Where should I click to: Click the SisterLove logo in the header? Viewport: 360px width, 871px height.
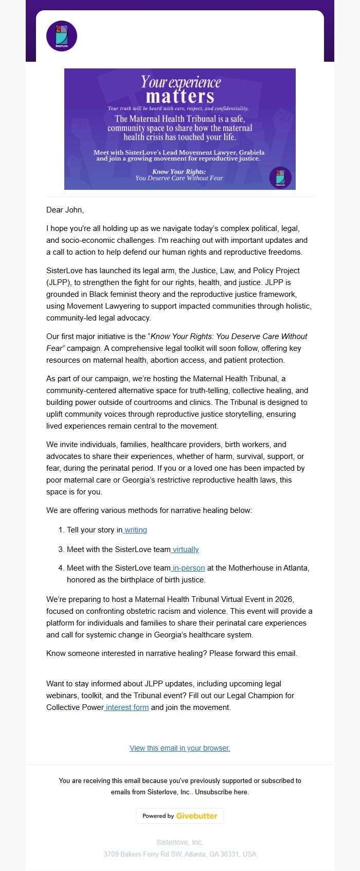pos(62,36)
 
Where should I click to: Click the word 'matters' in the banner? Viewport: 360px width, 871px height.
pos(179,97)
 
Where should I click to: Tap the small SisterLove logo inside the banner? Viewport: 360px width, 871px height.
pos(280,177)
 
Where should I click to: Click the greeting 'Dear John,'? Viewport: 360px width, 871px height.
pos(65,210)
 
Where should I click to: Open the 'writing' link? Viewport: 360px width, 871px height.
pos(136,530)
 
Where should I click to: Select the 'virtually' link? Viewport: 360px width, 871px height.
pos(186,549)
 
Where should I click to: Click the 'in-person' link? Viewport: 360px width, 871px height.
pos(188,568)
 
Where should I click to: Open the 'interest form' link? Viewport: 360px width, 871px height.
pos(127,707)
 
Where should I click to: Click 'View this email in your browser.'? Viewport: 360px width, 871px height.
pos(180,748)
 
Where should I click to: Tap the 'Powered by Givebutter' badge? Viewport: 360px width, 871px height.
pos(180,816)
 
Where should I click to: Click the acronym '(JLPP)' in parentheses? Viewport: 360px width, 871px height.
pos(58,282)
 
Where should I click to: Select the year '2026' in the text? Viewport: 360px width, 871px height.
pos(283,599)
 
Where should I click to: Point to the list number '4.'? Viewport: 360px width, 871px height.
pos(61,568)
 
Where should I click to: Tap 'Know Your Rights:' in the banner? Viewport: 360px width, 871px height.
pos(179,172)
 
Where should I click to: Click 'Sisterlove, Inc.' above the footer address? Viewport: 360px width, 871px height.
pos(180,842)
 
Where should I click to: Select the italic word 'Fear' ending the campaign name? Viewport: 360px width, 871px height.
pos(55,348)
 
